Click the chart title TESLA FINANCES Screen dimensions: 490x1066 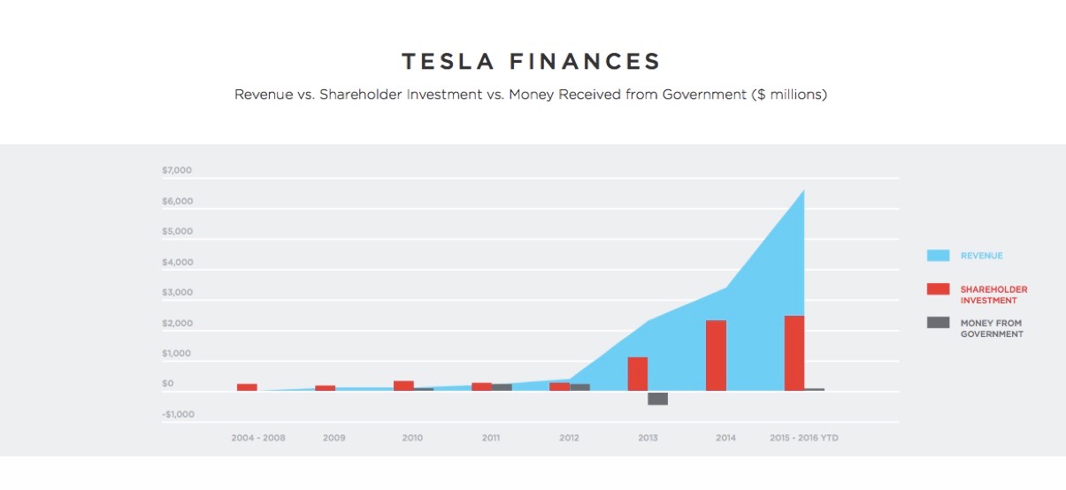coord(532,61)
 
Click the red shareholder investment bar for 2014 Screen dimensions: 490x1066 coord(716,356)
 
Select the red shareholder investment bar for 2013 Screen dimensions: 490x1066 coord(638,373)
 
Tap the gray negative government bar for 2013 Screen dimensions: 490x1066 coord(657,399)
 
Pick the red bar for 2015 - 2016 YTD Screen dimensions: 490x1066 coord(794,353)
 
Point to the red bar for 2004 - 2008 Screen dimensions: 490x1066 coord(247,387)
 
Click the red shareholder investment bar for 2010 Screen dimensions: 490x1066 coord(403,386)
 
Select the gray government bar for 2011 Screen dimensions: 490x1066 coord(502,387)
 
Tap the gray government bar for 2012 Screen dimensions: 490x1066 coord(579,387)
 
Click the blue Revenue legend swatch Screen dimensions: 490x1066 coord(938,256)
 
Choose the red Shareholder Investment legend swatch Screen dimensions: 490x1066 coord(938,289)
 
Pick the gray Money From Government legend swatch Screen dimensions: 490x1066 coord(938,323)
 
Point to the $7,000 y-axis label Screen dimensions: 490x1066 coord(177,170)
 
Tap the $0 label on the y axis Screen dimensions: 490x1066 coord(168,384)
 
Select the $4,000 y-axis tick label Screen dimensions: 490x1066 coord(177,262)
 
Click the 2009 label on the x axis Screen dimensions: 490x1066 coord(334,438)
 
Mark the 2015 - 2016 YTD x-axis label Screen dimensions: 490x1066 coord(802,438)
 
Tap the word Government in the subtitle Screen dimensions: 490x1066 coord(703,95)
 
